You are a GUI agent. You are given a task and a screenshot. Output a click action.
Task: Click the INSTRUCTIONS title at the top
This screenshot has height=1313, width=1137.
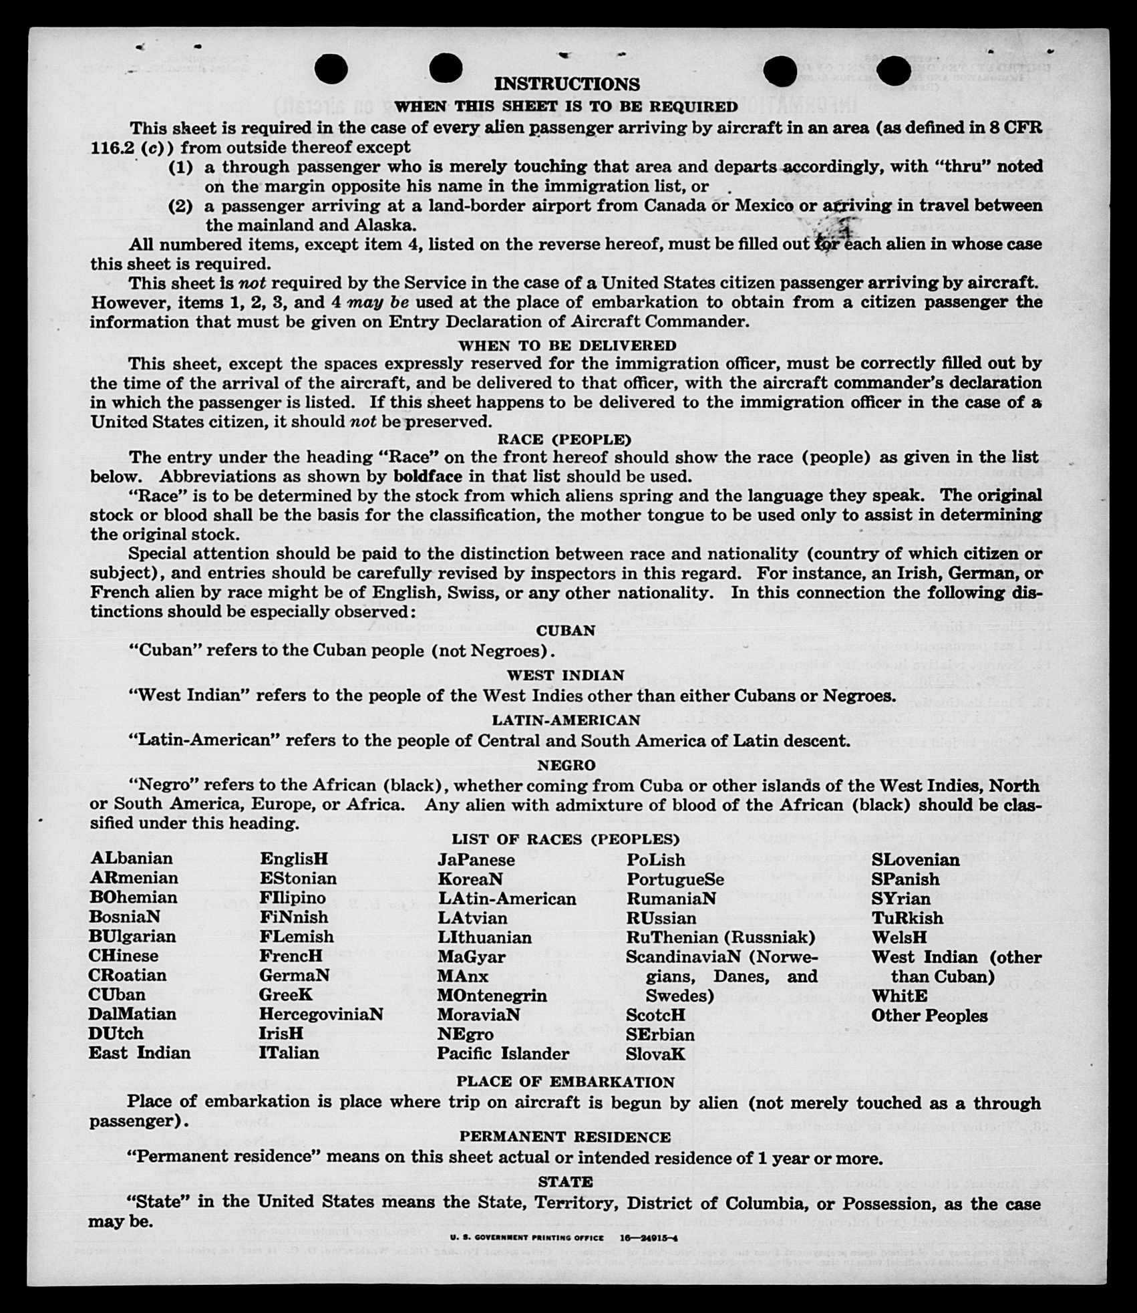pos(566,84)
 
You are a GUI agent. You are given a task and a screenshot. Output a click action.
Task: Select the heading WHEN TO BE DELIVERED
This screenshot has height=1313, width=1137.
pos(566,345)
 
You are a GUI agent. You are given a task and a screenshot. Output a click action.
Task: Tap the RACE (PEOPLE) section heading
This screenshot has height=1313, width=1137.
pos(564,440)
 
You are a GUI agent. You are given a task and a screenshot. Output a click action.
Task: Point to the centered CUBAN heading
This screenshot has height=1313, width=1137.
pos(565,631)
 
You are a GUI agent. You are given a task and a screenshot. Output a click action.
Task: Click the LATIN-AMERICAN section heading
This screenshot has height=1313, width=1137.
pos(566,720)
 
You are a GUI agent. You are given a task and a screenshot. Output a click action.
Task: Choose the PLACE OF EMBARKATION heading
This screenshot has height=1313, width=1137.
pos(565,1082)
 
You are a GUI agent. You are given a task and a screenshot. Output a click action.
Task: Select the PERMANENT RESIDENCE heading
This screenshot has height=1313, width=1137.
pos(564,1137)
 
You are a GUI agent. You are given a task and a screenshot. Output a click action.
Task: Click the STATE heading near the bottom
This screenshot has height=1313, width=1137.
pos(565,1182)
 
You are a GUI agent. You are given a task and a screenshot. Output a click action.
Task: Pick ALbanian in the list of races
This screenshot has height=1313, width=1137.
pos(132,859)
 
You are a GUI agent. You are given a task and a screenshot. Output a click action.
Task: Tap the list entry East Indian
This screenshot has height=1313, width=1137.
pos(140,1053)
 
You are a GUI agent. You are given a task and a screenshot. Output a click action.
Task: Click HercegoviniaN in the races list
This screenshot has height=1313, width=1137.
pos(321,1014)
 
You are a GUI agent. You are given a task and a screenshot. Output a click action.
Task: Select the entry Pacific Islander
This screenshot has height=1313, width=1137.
pos(503,1054)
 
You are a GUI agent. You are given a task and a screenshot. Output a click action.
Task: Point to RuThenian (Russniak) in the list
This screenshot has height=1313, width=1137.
pos(721,937)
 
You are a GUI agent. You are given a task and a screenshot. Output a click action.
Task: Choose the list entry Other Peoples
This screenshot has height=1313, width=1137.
pos(929,1016)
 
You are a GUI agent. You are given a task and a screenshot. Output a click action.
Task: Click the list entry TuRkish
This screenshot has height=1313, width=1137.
pos(907,918)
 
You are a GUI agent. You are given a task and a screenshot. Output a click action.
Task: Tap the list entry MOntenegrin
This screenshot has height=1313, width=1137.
pos(492,996)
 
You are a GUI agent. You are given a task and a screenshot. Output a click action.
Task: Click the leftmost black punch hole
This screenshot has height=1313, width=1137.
pos(331,69)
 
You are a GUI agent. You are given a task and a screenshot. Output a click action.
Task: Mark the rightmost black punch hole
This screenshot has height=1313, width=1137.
pos(893,71)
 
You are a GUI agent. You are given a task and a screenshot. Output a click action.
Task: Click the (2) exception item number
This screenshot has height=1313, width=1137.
pos(180,206)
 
